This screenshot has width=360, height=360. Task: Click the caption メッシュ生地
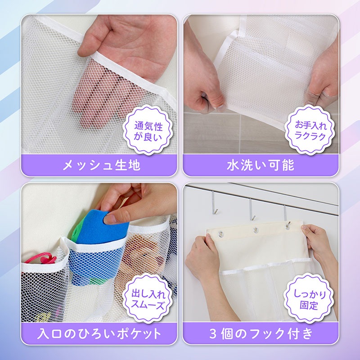[x=101, y=165]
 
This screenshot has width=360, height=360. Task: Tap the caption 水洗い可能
[x=261, y=165]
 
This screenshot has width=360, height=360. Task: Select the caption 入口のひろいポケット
[x=99, y=333]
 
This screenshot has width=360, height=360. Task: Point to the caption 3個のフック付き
[x=261, y=333]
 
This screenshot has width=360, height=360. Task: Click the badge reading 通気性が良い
[x=148, y=130]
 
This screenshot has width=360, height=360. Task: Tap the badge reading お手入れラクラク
[x=310, y=130]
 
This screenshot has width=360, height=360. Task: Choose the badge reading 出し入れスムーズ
[x=148, y=298]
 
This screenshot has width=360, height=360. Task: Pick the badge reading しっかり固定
[x=309, y=298]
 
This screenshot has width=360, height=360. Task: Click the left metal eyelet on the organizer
[x=221, y=234]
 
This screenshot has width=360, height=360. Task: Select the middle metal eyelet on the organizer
[x=256, y=230]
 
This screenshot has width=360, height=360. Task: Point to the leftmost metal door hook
[x=214, y=202]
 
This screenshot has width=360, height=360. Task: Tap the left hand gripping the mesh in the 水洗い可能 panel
[x=202, y=76]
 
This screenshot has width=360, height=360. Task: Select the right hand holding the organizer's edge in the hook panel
[x=320, y=248]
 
